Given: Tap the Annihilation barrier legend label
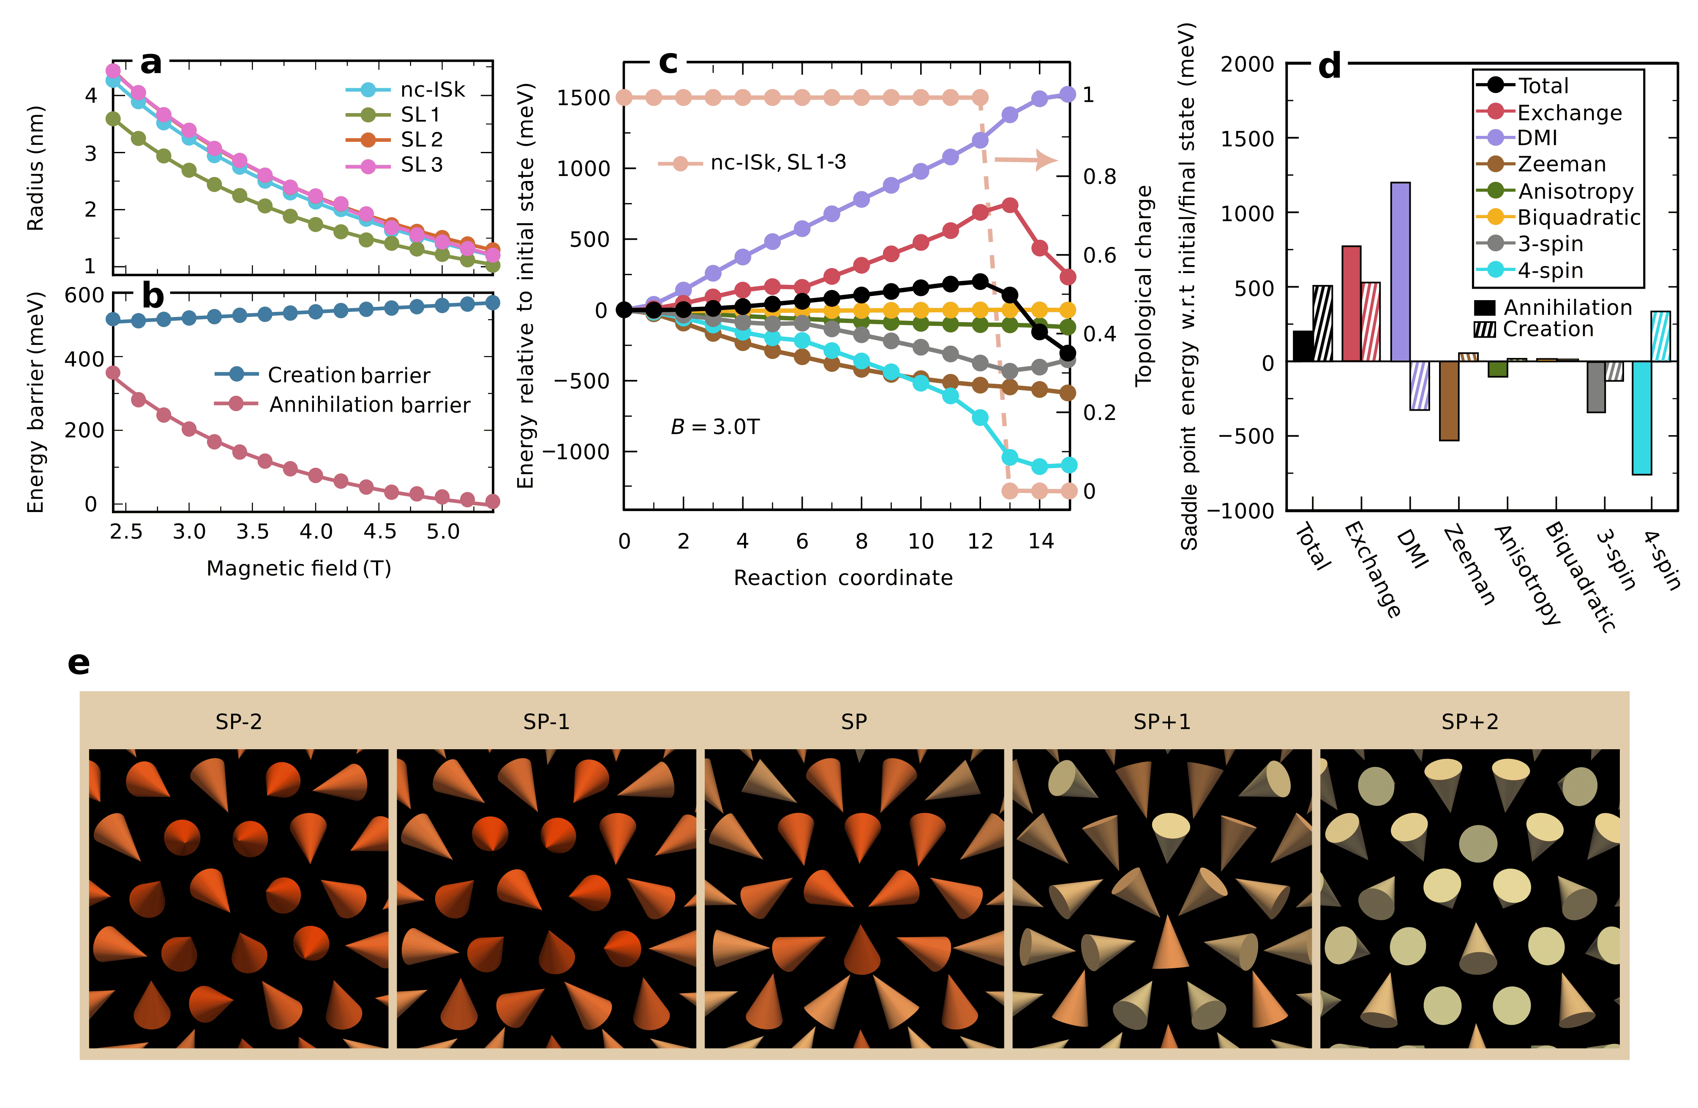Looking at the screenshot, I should tap(370, 405).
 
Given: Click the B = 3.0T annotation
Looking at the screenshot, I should tap(715, 427).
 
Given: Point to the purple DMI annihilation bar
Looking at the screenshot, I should tap(1401, 272).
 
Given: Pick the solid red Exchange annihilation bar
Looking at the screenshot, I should tap(1351, 304).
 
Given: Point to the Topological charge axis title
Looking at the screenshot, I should tap(1144, 286).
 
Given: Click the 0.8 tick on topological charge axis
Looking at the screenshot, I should tap(1099, 176).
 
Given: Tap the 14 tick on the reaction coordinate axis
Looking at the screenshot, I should tap(1040, 542).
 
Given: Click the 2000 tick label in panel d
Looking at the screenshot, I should tap(1247, 64).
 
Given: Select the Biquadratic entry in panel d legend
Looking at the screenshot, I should tap(1578, 217).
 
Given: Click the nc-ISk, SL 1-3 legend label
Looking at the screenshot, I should tap(778, 163).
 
